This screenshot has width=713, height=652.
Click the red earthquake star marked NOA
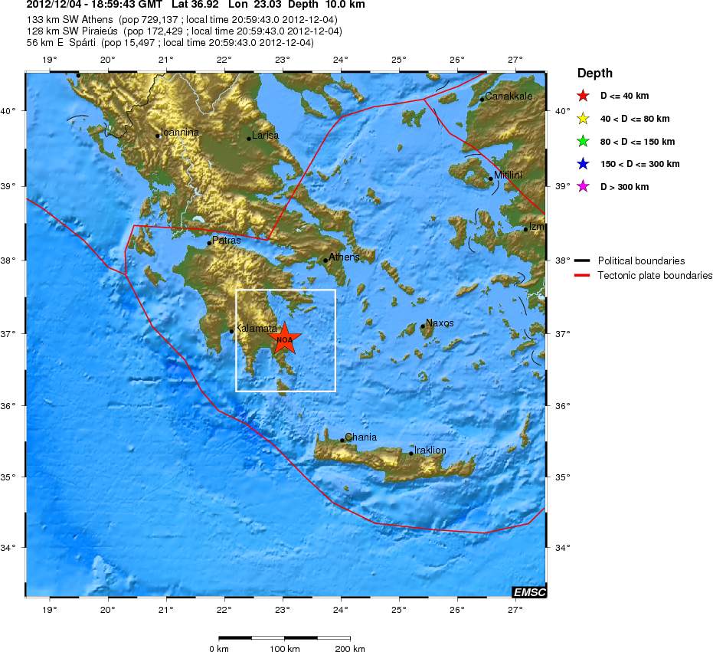point(284,339)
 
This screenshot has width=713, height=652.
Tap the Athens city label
point(344,257)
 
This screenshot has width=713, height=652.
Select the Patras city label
point(226,240)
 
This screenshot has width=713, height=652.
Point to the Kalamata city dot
point(231,331)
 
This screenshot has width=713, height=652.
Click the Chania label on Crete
point(361,437)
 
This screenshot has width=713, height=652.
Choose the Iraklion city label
point(430,450)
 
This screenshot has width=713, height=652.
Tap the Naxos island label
point(440,323)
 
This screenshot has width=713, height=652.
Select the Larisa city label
point(265,135)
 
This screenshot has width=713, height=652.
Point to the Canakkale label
point(509,97)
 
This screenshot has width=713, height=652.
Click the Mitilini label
point(508,175)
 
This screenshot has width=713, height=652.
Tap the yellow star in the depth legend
point(583,119)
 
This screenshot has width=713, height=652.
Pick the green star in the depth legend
point(583,142)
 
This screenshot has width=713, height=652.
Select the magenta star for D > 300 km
point(583,187)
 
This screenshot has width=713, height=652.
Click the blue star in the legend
point(583,164)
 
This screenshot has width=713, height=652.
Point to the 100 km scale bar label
point(284,649)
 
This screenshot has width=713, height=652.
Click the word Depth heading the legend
point(595,74)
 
